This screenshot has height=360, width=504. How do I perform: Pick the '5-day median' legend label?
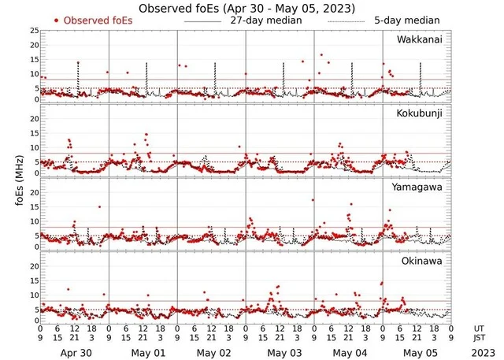(x=406, y=20)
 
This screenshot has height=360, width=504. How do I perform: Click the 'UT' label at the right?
(x=479, y=328)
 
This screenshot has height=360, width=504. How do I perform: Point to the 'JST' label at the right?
(x=480, y=339)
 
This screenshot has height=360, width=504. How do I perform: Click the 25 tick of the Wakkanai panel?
(x=34, y=30)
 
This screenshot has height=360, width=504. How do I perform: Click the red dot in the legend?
(x=57, y=20)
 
